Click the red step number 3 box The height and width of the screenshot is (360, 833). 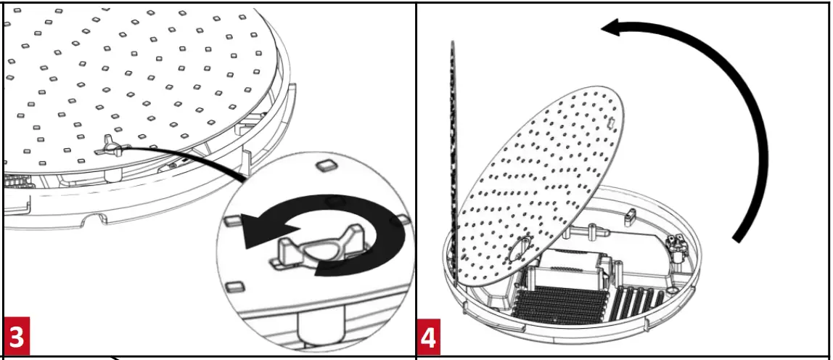17,337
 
